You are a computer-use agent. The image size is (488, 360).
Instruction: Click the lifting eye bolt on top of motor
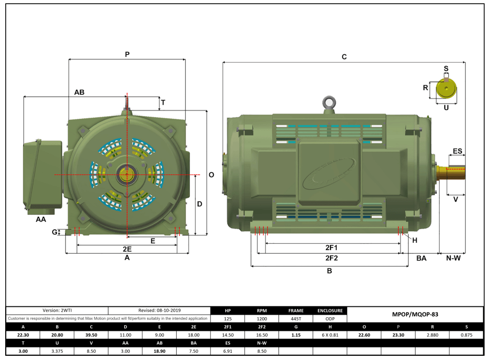tap(329, 102)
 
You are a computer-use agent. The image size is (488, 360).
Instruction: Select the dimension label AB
tap(79, 92)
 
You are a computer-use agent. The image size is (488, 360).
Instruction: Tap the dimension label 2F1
tap(332, 247)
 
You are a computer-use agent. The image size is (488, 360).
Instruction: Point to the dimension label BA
tap(421, 258)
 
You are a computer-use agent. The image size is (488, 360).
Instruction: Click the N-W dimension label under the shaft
tap(452, 258)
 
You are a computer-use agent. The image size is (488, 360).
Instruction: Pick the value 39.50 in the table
tap(91, 334)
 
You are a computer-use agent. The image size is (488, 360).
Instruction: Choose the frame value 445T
tap(296, 318)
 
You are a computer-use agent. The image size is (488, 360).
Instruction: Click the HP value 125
tap(227, 318)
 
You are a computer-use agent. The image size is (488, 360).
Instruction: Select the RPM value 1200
tap(262, 318)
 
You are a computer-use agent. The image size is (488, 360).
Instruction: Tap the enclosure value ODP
tap(330, 318)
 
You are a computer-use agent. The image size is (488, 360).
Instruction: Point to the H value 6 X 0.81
tap(330, 334)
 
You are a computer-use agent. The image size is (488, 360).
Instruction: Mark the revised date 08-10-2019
tap(160, 311)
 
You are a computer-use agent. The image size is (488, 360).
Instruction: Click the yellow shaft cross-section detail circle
tap(446, 89)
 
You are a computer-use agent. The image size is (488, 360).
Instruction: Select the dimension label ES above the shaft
tap(457, 151)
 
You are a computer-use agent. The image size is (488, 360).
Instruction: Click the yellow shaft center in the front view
tap(127, 174)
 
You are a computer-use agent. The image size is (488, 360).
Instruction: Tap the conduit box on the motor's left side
tap(42, 174)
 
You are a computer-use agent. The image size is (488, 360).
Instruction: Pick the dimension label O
tap(211, 175)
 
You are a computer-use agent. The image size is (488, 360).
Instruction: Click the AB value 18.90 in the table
tap(160, 351)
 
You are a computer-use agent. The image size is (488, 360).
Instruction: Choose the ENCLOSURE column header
tap(330, 311)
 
